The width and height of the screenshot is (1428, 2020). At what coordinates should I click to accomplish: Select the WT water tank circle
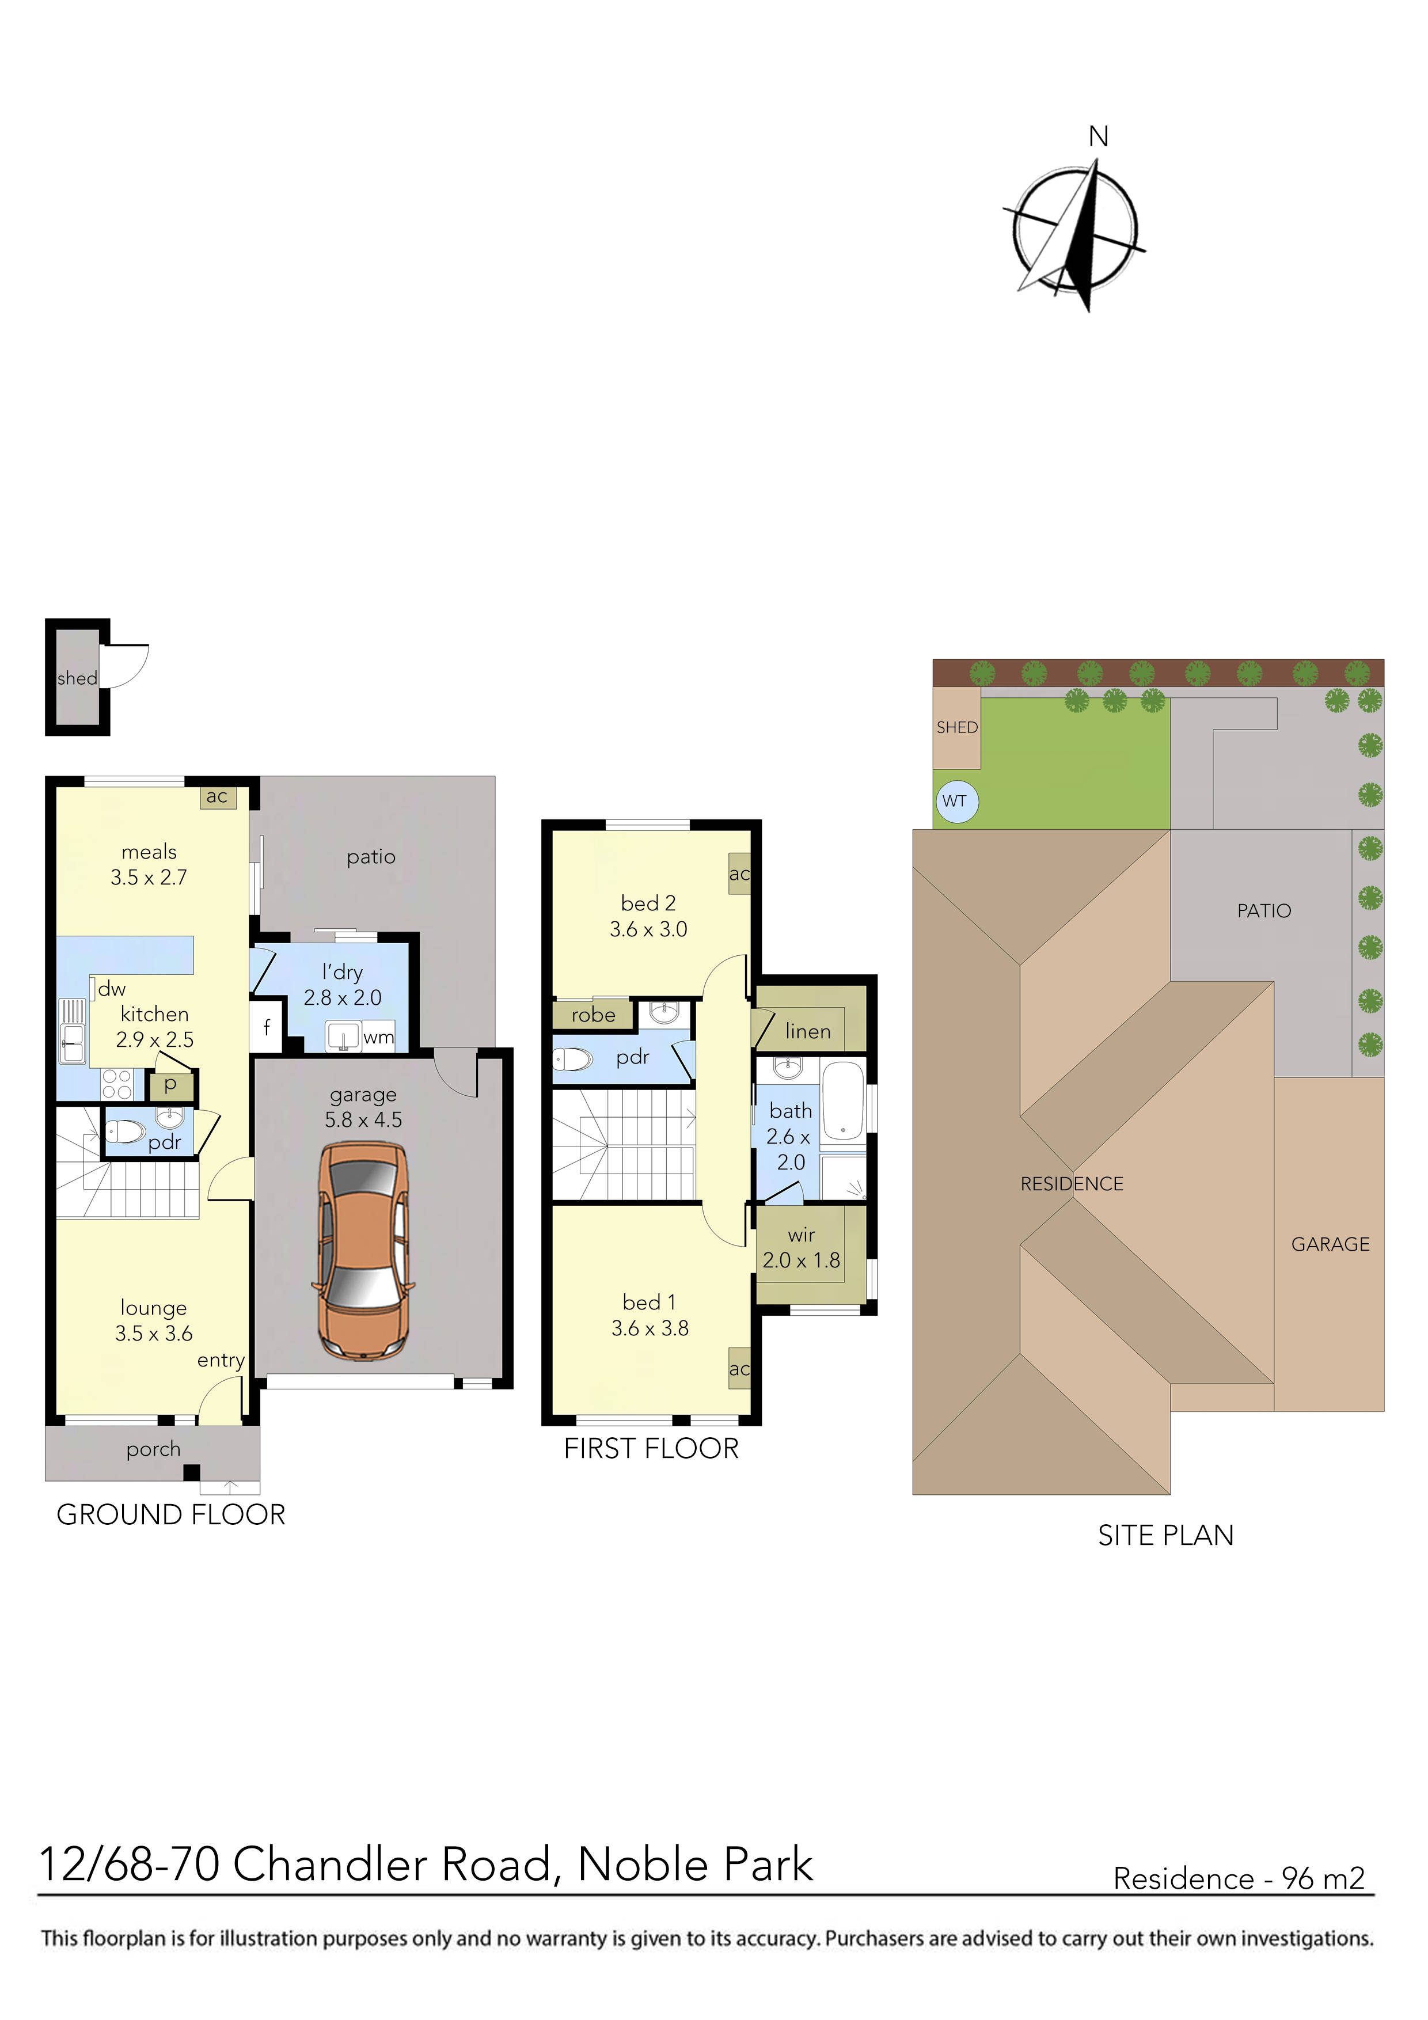955,802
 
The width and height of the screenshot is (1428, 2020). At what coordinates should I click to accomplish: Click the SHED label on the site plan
956,728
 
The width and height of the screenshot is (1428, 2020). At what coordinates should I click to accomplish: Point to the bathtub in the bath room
843,1102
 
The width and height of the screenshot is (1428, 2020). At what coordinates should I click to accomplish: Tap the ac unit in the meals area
217,796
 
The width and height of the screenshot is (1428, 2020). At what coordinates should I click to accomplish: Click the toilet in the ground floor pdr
124,1131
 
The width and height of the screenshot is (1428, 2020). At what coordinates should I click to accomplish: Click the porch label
153,1449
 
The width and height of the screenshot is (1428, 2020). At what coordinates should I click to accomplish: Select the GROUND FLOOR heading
170,1515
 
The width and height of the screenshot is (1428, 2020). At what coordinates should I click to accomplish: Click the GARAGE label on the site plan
1330,1244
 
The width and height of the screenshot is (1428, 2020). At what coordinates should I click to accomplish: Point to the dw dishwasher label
112,989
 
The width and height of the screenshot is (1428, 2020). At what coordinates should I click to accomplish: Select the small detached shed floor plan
77,677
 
